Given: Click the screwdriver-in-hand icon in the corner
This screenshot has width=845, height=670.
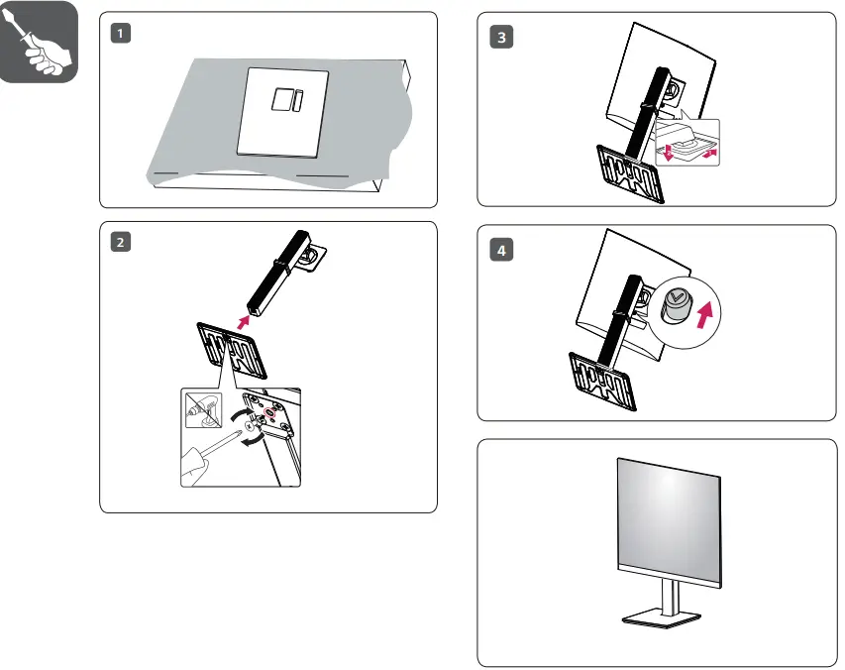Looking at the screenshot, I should pyautogui.click(x=39, y=43).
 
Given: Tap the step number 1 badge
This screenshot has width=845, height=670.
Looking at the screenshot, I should pyautogui.click(x=120, y=34).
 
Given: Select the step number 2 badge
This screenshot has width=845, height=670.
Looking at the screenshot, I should pyautogui.click(x=120, y=243).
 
